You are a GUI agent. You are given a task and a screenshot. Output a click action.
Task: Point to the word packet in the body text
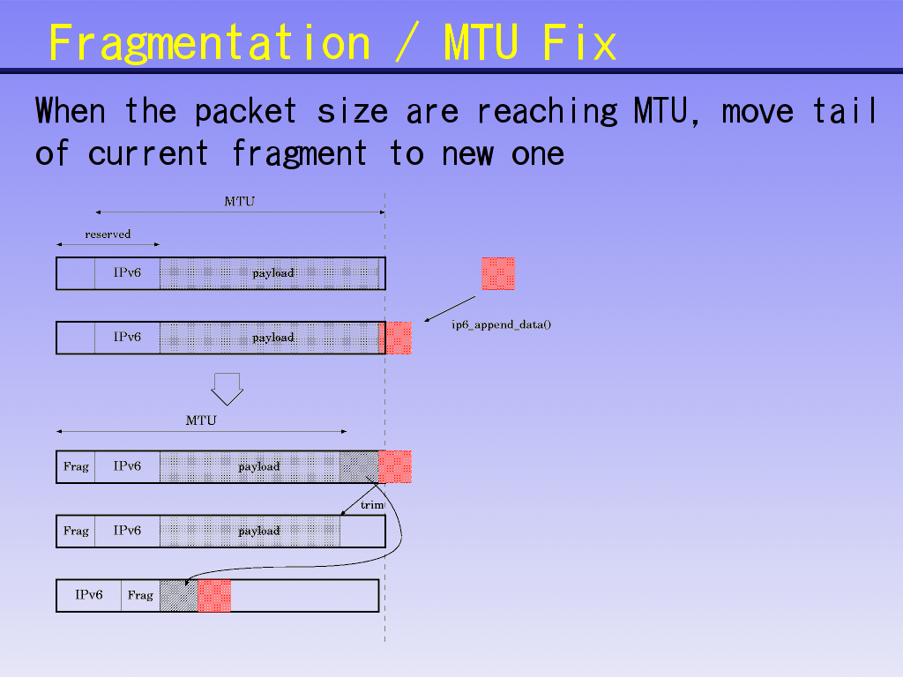245,112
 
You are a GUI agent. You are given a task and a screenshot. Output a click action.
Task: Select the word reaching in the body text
547,112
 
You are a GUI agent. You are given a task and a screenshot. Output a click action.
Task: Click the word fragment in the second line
299,154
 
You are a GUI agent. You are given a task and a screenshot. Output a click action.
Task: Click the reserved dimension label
108,234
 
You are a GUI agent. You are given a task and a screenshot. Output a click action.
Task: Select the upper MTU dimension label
239,202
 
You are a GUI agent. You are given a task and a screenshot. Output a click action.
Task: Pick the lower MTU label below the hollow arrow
200,420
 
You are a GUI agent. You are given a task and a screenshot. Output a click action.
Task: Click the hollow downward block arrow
227,388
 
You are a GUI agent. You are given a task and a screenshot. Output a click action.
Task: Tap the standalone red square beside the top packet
497,273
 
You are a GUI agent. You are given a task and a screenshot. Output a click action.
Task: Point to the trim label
372,505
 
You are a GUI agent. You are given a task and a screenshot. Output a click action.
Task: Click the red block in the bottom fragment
214,596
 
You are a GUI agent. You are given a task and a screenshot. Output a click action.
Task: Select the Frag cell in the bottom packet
140,596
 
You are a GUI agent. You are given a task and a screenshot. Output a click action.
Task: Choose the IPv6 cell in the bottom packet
88,596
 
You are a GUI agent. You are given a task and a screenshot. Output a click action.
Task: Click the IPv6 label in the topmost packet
127,273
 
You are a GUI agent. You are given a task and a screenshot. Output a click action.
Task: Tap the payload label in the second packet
272,338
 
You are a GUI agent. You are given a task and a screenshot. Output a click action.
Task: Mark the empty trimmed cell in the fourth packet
362,531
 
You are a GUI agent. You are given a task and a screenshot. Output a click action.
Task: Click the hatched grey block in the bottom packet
179,596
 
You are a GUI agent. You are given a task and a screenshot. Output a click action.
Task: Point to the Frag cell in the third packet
76,466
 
